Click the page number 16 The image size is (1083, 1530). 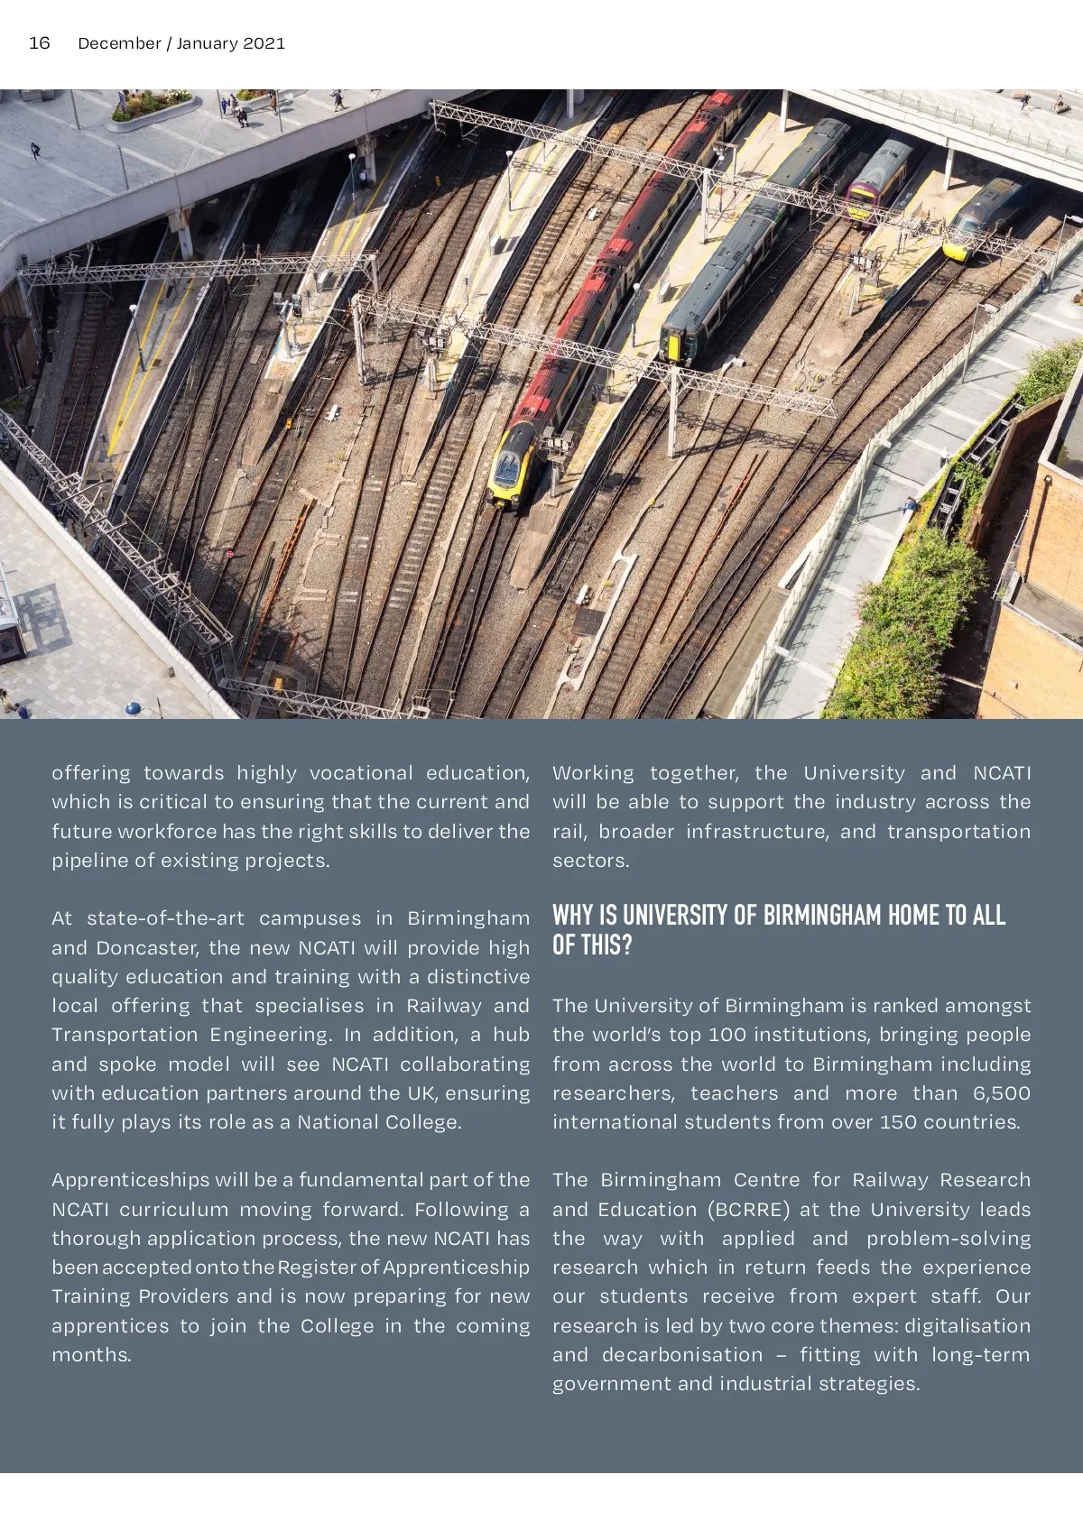coord(40,43)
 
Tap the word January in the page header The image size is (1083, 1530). coord(207,43)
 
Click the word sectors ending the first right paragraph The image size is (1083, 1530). coord(590,861)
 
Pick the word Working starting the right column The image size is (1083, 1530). coord(593,773)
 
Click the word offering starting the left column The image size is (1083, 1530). coord(91,773)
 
